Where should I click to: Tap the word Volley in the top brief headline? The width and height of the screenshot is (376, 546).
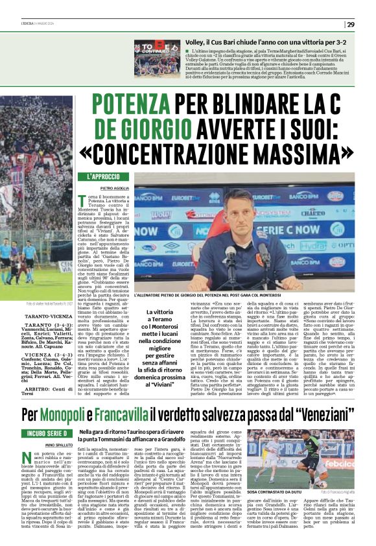198,42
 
